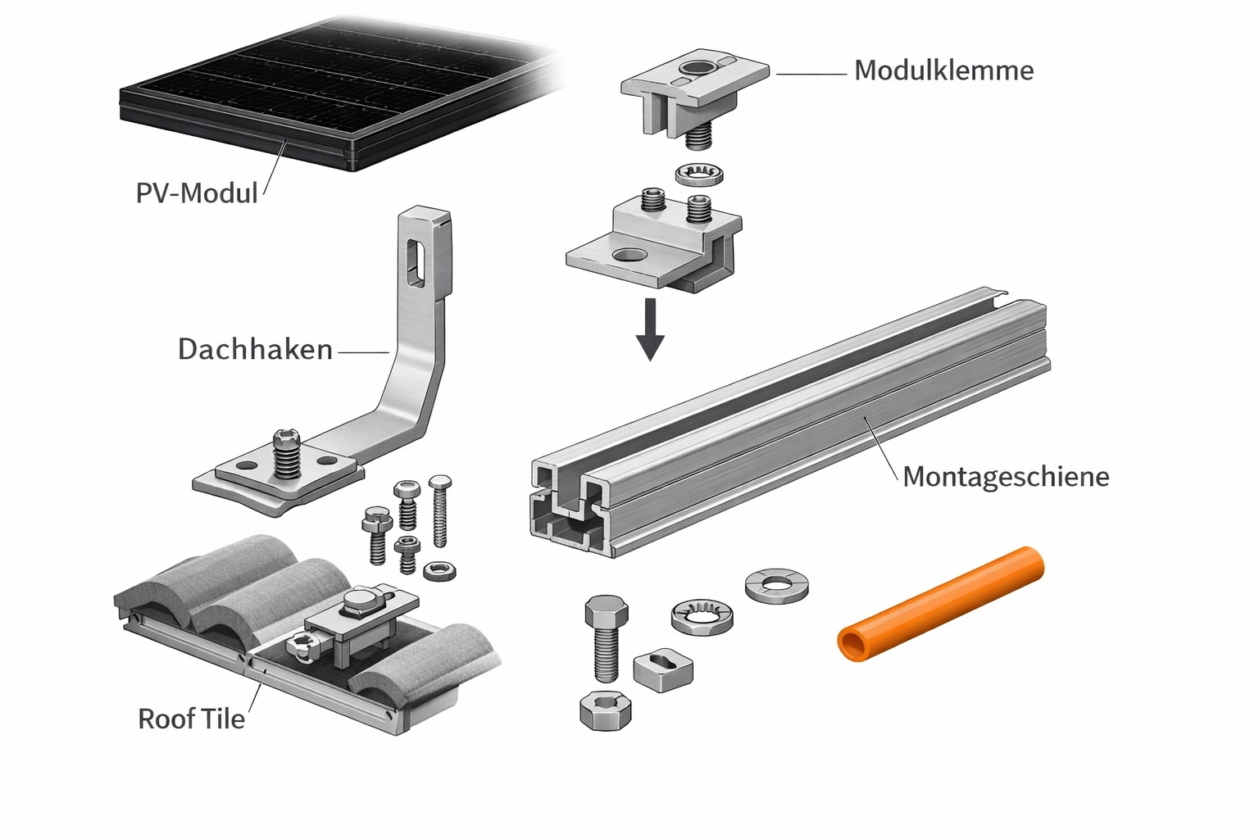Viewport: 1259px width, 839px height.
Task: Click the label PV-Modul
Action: point(197,193)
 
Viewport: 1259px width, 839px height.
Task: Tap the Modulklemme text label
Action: point(943,70)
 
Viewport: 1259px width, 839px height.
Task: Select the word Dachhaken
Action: point(255,350)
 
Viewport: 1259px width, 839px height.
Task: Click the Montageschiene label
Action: point(1006,477)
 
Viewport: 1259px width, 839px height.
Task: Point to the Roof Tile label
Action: point(191,719)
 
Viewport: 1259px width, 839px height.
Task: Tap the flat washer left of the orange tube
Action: point(776,585)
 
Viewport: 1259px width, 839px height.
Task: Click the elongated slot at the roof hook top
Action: point(416,261)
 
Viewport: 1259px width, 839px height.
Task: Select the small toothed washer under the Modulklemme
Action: point(700,175)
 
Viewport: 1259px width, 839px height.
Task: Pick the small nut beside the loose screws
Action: point(439,571)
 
